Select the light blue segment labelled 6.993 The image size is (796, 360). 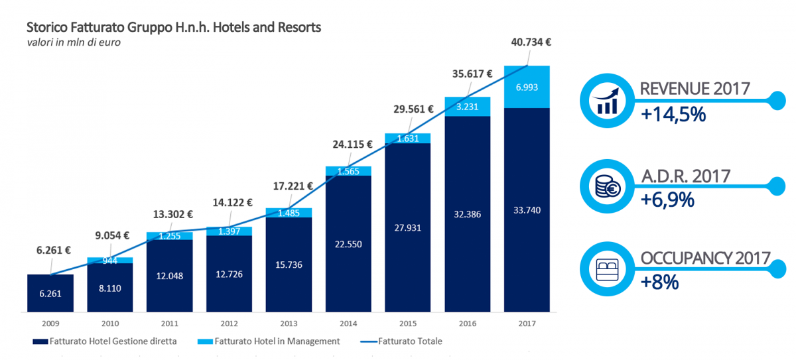pos(528,88)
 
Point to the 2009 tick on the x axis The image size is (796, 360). pos(50,323)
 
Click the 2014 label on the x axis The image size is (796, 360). pos(349,323)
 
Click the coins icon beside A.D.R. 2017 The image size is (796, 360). pos(608,187)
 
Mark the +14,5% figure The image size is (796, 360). pos(673,114)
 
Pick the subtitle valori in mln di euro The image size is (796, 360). pos(74,42)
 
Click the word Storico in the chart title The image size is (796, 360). pos(46,28)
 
